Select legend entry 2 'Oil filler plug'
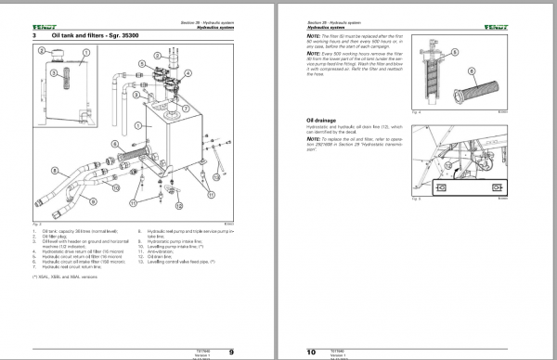pos(55,235)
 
